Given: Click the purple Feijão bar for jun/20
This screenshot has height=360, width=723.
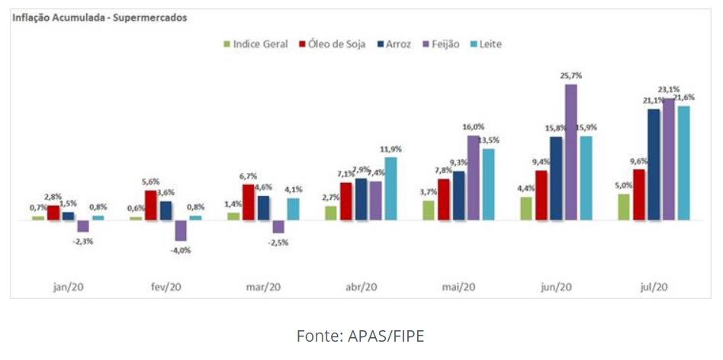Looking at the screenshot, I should pos(570,153).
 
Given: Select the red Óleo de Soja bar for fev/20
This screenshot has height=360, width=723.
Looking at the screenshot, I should pos(151,205).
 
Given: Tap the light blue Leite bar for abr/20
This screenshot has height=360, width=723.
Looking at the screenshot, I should pos(390,188).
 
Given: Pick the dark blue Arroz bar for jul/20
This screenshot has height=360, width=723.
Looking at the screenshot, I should pos(654,165).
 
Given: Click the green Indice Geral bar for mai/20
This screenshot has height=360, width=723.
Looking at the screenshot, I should pos(429,210).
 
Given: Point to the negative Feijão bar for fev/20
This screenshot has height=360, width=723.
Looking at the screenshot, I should pos(181,230).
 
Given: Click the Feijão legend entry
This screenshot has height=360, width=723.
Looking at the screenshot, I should pos(442,44).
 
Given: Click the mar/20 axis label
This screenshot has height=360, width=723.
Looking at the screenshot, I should pos(264,287).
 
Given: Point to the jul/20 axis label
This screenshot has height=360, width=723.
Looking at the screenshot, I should pos(654,287).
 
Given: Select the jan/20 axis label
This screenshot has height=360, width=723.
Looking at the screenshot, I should pos(69,287).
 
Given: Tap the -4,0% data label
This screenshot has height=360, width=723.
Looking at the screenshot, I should pos(182,249).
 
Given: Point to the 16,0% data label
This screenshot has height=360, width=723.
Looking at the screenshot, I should pos(473,127).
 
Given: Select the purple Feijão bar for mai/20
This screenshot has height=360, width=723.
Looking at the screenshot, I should pos(473,178).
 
